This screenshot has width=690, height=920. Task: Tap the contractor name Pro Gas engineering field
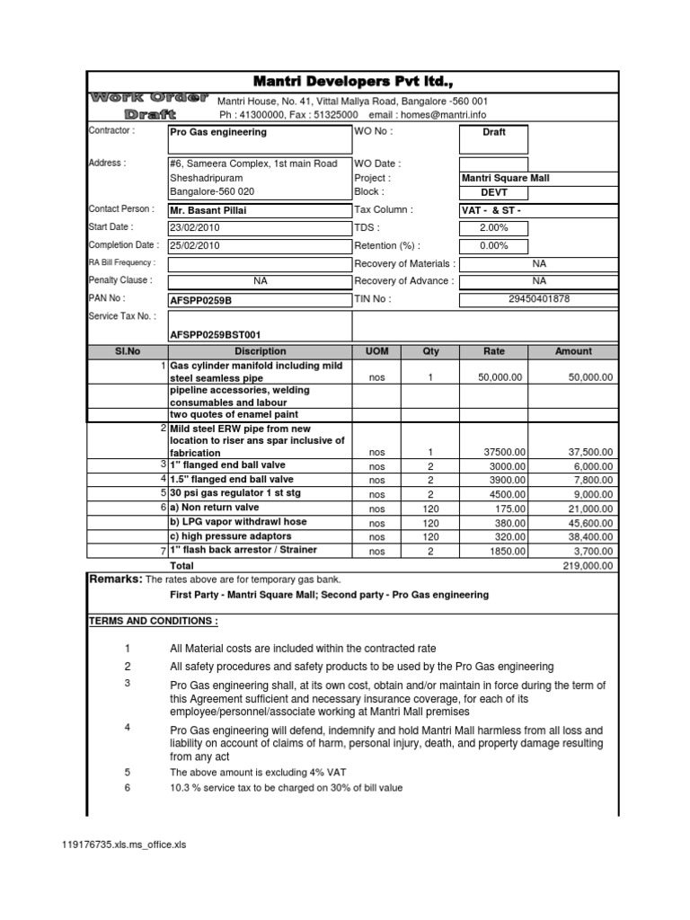tap(218, 132)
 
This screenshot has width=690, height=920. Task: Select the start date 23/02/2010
tap(194, 228)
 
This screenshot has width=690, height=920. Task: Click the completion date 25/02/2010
tap(194, 245)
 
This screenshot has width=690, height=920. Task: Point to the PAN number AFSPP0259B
tap(200, 299)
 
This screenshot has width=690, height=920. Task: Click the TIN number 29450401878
tap(539, 298)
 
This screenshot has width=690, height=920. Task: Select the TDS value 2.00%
tap(494, 228)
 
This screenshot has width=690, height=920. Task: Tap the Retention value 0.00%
tap(494, 245)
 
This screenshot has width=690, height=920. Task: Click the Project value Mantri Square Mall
tap(506, 179)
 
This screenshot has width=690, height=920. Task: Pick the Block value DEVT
tap(494, 192)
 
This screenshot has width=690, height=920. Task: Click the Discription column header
tap(260, 351)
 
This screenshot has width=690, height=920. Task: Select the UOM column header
tap(376, 351)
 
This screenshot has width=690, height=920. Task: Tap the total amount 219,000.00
tap(588, 567)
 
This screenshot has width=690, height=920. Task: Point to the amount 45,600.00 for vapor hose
tap(593, 523)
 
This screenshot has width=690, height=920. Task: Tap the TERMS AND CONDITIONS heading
tap(153, 622)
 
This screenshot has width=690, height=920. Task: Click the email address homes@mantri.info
tap(442, 115)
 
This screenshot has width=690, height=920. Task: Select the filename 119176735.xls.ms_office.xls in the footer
tap(122, 845)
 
